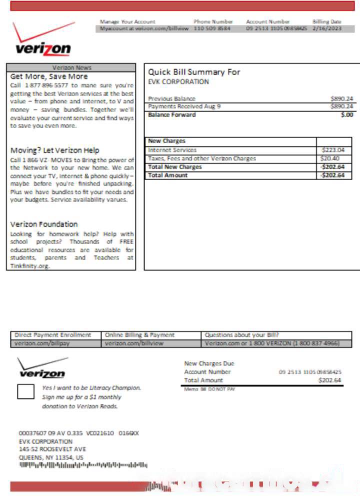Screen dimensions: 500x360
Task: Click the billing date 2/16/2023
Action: [326, 29]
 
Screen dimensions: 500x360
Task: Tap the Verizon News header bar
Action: [71, 67]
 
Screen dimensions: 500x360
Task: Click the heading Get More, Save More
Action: [49, 76]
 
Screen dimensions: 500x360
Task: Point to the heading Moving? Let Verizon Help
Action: [55, 150]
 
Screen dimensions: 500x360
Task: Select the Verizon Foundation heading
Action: [44, 224]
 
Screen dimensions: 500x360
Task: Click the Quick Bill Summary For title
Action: [194, 72]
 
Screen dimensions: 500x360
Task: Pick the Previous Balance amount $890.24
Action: [342, 98]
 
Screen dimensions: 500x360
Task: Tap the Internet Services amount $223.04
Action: [333, 149]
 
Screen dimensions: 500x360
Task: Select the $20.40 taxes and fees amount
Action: [330, 158]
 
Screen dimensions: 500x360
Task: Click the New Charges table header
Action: [167, 141]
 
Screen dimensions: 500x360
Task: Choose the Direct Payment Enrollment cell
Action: [53, 335]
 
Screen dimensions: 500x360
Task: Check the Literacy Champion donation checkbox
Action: [25, 391]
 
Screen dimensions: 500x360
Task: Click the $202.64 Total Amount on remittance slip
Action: [329, 380]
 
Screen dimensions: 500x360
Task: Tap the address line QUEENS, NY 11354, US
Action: [51, 457]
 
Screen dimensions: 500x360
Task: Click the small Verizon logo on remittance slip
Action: [42, 368]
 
